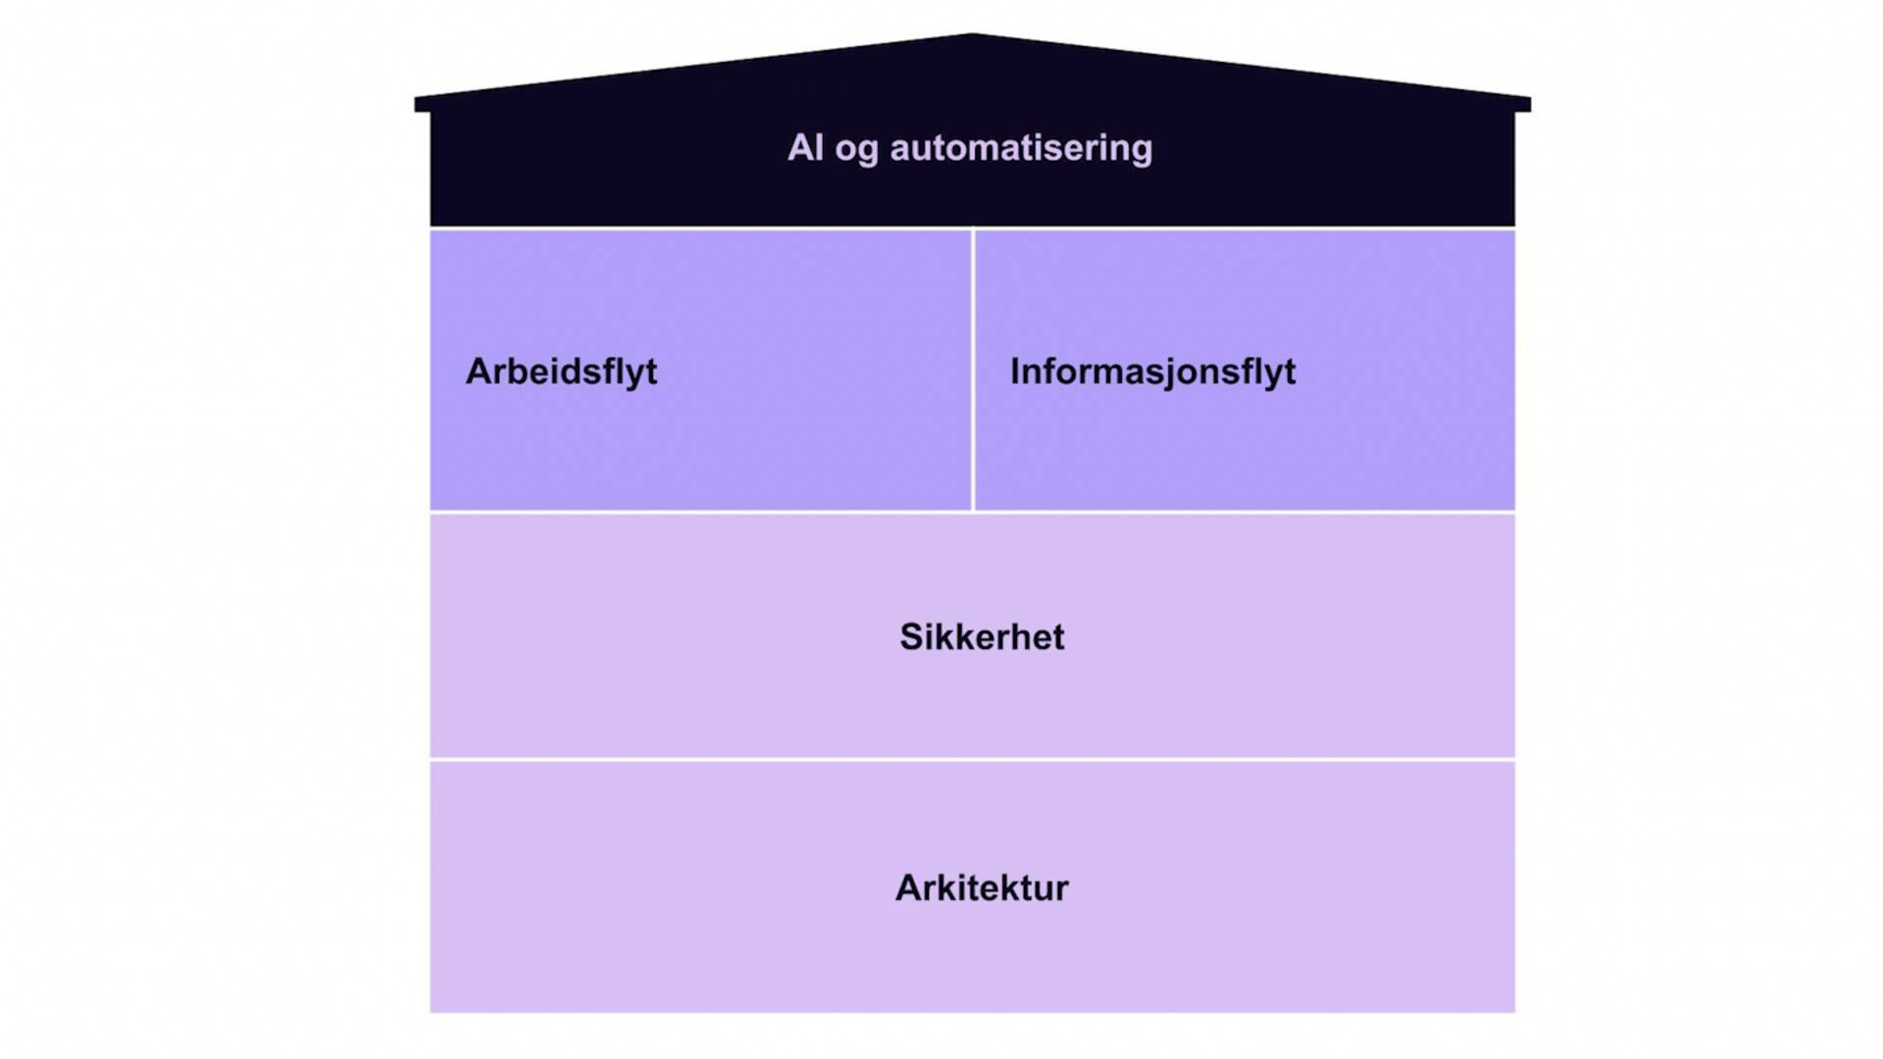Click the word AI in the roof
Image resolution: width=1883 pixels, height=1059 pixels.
(x=805, y=148)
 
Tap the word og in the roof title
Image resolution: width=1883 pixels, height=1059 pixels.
(x=856, y=150)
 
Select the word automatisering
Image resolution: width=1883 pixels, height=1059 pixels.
(x=1021, y=148)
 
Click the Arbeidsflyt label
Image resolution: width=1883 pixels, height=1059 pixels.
(x=561, y=372)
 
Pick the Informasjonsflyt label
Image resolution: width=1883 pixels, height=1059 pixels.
(x=1152, y=372)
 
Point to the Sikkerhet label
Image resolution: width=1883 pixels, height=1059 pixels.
(x=982, y=637)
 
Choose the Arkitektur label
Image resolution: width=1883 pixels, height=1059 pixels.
(x=982, y=888)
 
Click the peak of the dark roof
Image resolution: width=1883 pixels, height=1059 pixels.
(x=972, y=36)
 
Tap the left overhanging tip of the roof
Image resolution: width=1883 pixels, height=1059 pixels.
(x=418, y=104)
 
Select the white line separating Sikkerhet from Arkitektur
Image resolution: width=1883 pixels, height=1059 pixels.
(x=972, y=760)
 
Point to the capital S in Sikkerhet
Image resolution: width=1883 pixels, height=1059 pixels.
(x=911, y=637)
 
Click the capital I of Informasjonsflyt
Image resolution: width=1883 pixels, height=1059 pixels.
(x=1015, y=372)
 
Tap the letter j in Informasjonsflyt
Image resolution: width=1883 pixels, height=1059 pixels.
(x=1176, y=375)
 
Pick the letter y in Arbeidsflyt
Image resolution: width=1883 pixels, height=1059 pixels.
(x=636, y=376)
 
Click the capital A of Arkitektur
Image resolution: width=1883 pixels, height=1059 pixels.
(x=908, y=888)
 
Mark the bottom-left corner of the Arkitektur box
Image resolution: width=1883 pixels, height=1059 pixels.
(x=433, y=1010)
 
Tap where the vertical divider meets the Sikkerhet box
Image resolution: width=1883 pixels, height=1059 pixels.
(x=973, y=512)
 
